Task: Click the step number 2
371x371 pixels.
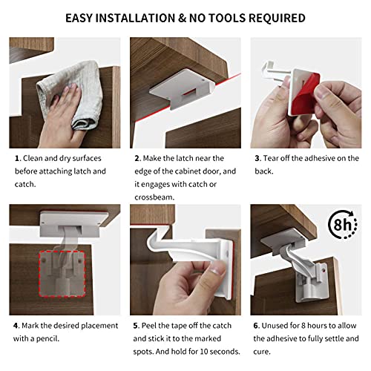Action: (x=137, y=158)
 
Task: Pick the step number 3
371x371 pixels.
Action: (x=257, y=158)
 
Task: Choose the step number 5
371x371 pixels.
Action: (x=137, y=326)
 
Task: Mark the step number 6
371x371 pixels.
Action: (x=257, y=326)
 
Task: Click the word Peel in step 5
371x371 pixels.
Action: (x=154, y=326)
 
